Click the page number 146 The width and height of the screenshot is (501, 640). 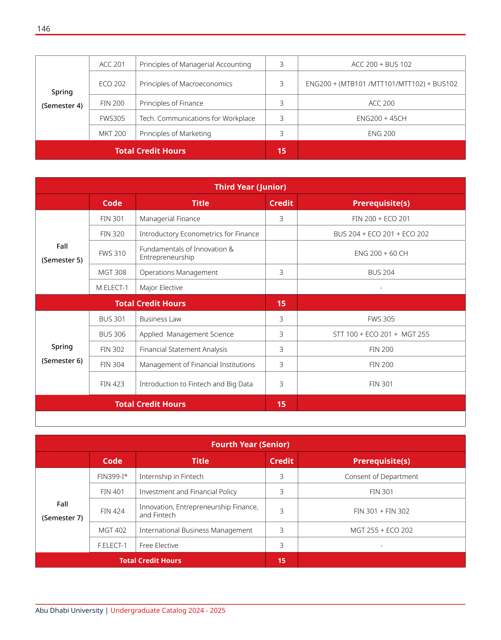coord(43,29)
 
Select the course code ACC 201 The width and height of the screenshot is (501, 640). coord(112,64)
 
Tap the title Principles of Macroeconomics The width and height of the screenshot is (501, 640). coord(186,84)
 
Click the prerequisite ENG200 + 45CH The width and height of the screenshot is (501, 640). coord(381,118)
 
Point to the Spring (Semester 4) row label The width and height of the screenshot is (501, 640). coord(62,99)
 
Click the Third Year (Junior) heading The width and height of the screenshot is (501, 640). coord(250,187)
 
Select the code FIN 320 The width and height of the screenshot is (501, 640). coord(112,234)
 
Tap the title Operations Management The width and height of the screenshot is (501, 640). coord(178,272)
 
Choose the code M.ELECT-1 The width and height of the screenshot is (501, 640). coord(112,288)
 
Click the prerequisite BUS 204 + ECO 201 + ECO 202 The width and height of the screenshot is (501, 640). coord(381,234)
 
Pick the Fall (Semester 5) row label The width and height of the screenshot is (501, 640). coord(62,253)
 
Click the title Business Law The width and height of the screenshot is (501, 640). coord(160,319)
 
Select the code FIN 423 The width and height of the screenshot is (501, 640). coord(112,384)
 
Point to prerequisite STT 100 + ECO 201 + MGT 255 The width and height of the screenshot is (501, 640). coord(381,334)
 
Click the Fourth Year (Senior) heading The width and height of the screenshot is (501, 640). coord(250,444)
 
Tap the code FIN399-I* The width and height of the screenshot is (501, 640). coord(112,476)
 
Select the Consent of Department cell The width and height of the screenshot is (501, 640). coord(381,476)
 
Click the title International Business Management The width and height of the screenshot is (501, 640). coord(196,530)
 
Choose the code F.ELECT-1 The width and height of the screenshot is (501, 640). coord(112,545)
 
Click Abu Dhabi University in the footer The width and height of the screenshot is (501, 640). coord(69,610)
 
